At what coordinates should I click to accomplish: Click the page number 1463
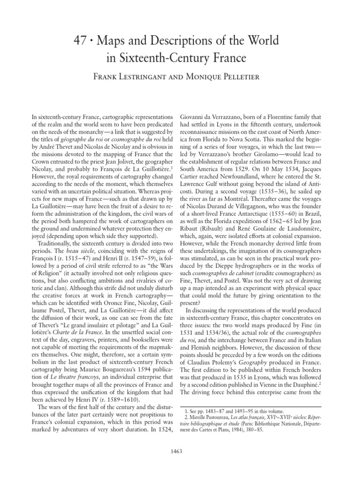click(180, 451)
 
